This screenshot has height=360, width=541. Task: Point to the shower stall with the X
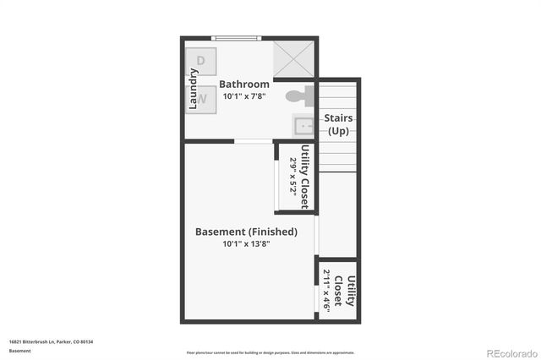coord(293,59)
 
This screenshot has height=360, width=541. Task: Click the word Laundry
coord(193,89)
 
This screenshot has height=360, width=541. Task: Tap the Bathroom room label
coord(244,84)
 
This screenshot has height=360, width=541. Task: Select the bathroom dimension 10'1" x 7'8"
coord(244,96)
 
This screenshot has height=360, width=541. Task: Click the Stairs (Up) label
coord(339,125)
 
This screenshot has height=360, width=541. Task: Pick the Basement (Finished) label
coord(246,231)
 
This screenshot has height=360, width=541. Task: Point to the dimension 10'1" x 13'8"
coord(246,244)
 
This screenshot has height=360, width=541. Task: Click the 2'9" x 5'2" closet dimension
coord(293,177)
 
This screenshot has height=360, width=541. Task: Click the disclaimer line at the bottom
coord(270,352)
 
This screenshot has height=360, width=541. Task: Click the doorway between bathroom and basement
coord(252,141)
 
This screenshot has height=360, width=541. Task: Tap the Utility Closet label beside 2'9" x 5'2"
coord(304,177)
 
